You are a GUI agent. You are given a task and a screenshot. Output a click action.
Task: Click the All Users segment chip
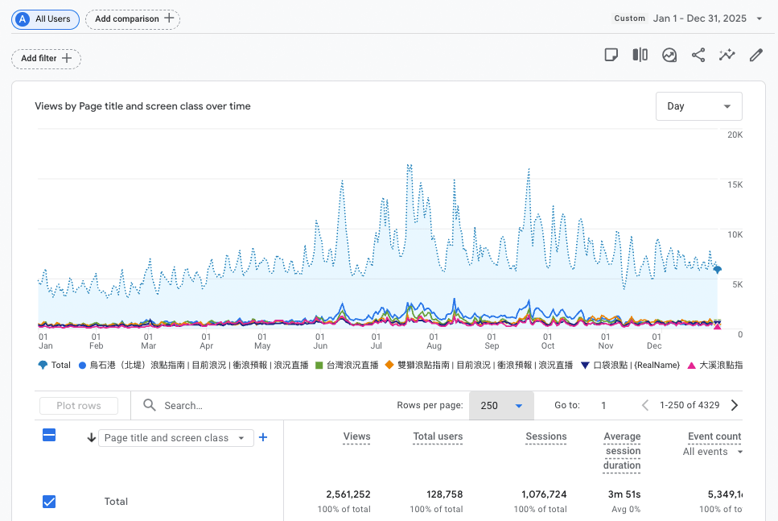pyautogui.click(x=45, y=19)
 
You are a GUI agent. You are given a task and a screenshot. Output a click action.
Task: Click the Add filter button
pyautogui.click(x=46, y=58)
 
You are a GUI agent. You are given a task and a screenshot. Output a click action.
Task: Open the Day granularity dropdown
pyautogui.click(x=698, y=106)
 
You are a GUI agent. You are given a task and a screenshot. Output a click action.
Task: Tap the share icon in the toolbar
pyautogui.click(x=698, y=55)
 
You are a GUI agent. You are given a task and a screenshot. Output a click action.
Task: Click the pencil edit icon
pyautogui.click(x=755, y=55)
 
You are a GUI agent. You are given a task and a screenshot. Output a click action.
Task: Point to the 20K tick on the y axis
pyautogui.click(x=735, y=134)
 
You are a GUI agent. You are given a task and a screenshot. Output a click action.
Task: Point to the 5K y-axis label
pyautogui.click(x=735, y=284)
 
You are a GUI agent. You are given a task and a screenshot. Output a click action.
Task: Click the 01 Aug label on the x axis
pyautogui.click(x=434, y=341)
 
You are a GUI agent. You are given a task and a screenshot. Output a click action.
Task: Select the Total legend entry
pyautogui.click(x=55, y=365)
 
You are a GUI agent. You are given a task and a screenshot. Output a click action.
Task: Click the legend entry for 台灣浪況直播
pyautogui.click(x=347, y=365)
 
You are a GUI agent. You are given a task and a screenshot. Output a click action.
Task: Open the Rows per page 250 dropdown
pyautogui.click(x=501, y=406)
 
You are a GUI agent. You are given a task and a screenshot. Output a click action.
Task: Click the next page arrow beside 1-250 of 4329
pyautogui.click(x=734, y=406)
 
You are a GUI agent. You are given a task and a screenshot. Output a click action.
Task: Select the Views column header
pyautogui.click(x=356, y=436)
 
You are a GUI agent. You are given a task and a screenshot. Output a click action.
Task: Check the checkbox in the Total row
pyautogui.click(x=49, y=502)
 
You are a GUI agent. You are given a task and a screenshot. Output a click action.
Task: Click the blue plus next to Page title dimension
pyautogui.click(x=263, y=437)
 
